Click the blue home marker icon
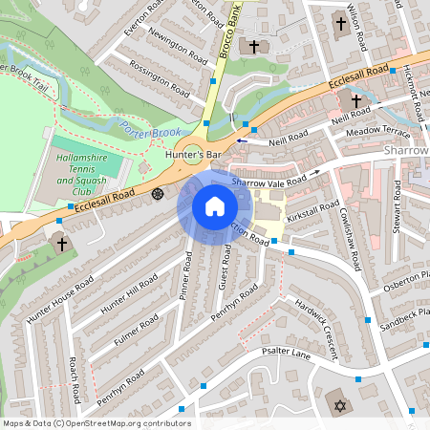tap(215, 206)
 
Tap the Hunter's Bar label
tap(192, 154)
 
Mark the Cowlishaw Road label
tap(345, 227)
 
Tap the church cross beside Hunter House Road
tap(62, 244)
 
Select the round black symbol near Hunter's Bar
tap(158, 193)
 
